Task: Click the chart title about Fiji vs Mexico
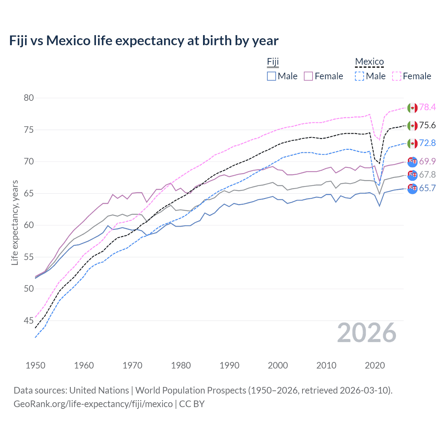pos(144,41)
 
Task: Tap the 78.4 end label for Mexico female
pos(427,107)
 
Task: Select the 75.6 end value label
pos(427,125)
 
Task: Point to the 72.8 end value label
pos(427,143)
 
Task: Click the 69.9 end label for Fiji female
pos(427,161)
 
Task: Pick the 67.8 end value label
pos(427,175)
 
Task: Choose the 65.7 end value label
pos(427,188)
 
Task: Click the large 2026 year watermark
pos(366,333)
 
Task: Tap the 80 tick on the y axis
pos(29,98)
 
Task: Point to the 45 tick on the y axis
pos(29,321)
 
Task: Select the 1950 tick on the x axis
pos(35,365)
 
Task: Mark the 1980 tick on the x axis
pos(181,365)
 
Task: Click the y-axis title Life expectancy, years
pos(15,222)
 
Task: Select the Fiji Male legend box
pos(272,76)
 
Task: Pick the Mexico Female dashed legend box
pos(397,76)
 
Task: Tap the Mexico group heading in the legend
pos(369,62)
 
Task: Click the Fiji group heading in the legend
pos(273,62)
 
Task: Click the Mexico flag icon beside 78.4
pos(412,107)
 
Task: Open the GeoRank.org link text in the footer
pos(93,404)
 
